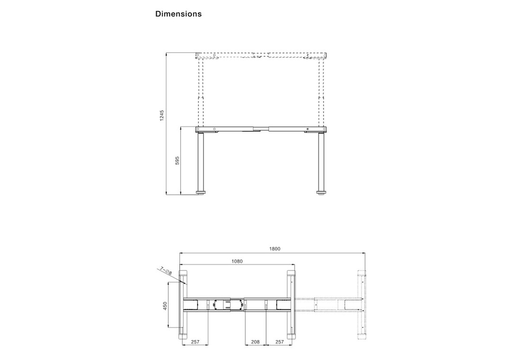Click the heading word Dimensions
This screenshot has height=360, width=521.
coord(179,14)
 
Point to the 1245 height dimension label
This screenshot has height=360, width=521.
coord(162,116)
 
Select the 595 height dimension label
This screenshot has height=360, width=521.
coord(177,160)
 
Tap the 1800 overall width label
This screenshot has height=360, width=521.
coord(275,249)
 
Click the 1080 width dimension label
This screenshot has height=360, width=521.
coord(237,261)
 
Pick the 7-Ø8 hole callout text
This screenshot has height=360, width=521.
coord(166,270)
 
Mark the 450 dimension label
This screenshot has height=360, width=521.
coord(165,306)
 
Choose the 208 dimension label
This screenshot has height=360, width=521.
coord(255,342)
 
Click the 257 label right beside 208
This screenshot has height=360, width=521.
coord(280,342)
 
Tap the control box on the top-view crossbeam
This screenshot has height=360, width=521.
coord(222,305)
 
